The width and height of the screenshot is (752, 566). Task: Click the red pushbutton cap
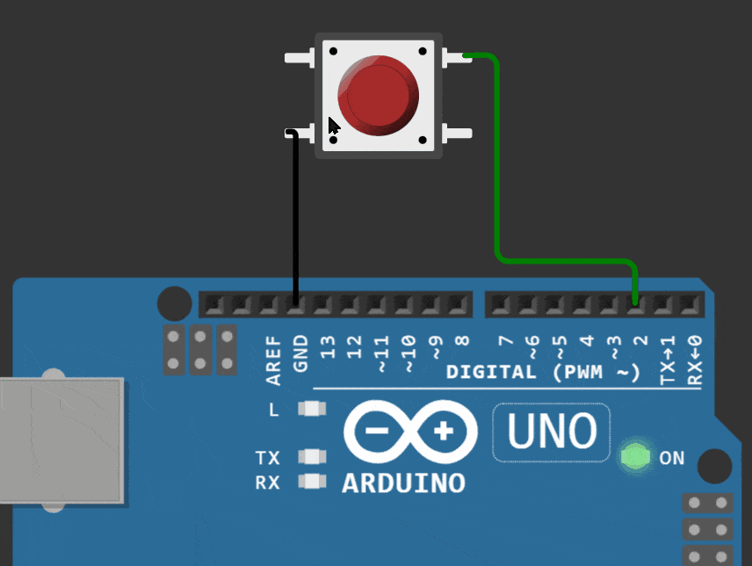[x=378, y=95]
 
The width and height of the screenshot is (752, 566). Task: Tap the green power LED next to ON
[x=635, y=456]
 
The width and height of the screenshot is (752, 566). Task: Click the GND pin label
[x=300, y=353]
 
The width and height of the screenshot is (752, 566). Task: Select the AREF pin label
[x=273, y=360]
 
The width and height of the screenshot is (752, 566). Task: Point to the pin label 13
[x=327, y=347]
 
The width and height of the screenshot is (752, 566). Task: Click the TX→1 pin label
[x=668, y=359]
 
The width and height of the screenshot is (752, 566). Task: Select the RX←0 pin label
[x=694, y=359]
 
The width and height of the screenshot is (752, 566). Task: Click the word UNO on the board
[x=552, y=431]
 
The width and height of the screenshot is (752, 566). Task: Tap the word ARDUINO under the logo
[x=403, y=483]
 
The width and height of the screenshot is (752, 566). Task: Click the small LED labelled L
[x=312, y=409]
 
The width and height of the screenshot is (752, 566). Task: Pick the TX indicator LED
[x=312, y=456]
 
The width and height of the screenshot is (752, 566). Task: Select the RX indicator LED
[x=312, y=481]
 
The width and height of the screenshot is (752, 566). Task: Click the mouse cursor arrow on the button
[x=333, y=127]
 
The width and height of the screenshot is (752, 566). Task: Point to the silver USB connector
[x=61, y=440]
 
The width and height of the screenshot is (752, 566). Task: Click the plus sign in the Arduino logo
[x=443, y=431]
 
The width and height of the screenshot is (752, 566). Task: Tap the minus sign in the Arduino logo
[x=377, y=431]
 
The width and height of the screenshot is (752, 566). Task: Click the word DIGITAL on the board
[x=491, y=372]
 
